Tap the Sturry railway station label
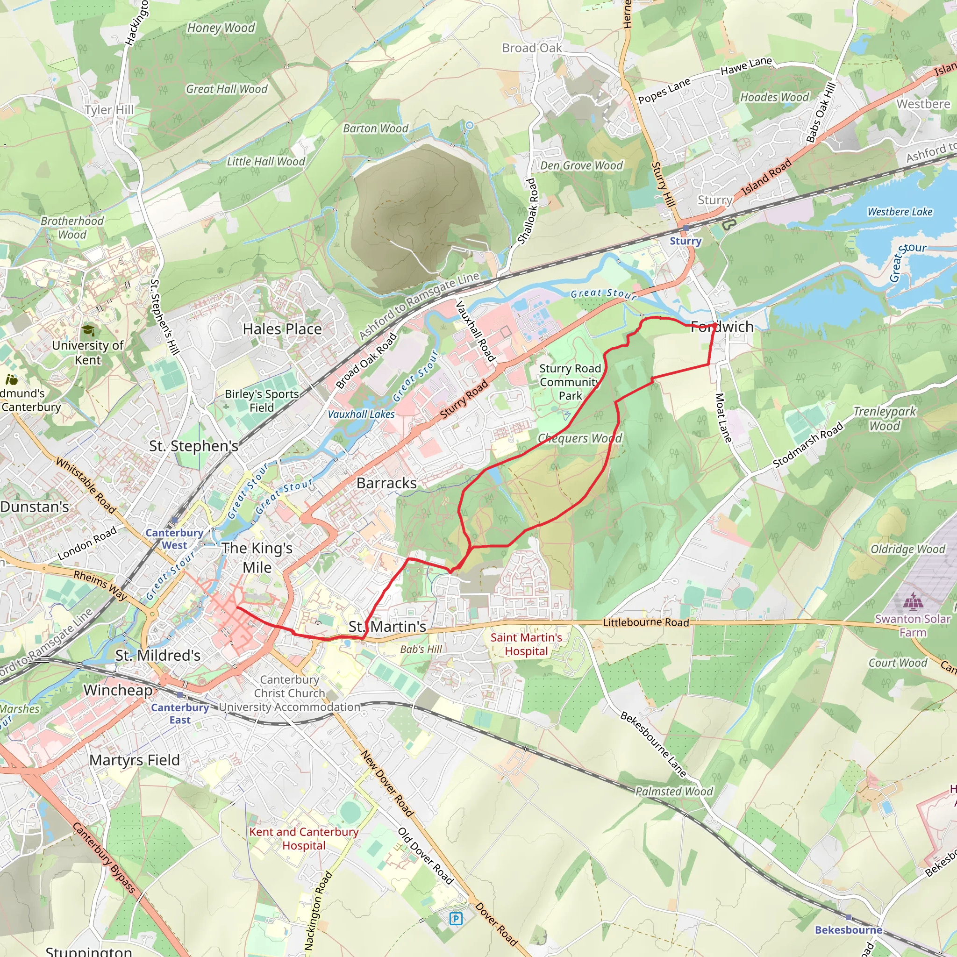coord(686,241)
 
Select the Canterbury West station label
coord(174,539)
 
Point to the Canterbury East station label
coord(180,714)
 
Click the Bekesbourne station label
coord(849,930)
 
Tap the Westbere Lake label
coord(900,212)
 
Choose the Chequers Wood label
coord(579,438)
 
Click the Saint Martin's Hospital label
coord(526,644)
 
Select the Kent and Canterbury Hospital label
coord(304,839)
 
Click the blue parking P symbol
coord(456,919)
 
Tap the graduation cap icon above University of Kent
coord(89,330)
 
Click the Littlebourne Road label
coord(645,622)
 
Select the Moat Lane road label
coord(723,418)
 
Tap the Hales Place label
coord(282,329)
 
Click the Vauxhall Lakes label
coord(361,414)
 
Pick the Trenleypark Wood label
coord(885,419)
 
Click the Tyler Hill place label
coord(109,110)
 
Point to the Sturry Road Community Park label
coord(570,382)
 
